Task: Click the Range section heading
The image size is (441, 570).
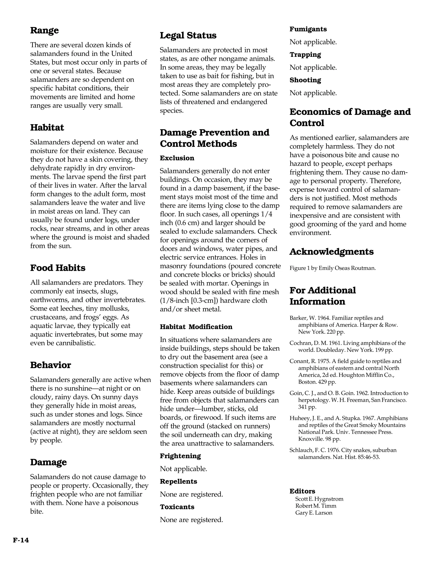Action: [x=44, y=30]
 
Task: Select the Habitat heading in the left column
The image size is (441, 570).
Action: [x=47, y=128]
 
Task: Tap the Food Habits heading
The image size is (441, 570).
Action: [x=58, y=268]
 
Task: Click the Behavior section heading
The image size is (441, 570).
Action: [x=50, y=365]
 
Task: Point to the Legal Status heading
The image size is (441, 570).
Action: [x=188, y=35]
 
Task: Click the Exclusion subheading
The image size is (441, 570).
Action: [x=177, y=158]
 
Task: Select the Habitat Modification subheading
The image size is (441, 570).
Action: [x=196, y=327]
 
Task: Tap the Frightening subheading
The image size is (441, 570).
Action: [x=180, y=456]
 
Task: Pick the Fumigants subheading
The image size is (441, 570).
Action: [x=308, y=29]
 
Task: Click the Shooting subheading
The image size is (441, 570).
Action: [x=305, y=80]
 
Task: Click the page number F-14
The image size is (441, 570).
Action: [x=21, y=540]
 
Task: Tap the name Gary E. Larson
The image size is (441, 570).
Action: [x=314, y=513]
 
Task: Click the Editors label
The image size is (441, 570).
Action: [x=302, y=491]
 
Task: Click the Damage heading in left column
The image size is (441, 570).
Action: [x=48, y=462]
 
